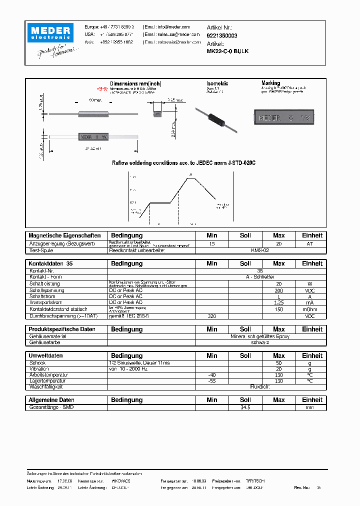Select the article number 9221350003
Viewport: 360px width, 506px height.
pyautogui.click(x=222, y=35)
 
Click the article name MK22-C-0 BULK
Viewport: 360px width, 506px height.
pyautogui.click(x=227, y=51)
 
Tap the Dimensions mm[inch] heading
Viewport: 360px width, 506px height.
pyautogui.click(x=135, y=83)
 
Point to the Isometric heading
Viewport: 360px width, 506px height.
pyautogui.click(x=217, y=83)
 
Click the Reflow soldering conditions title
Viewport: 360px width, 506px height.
pyautogui.click(x=183, y=163)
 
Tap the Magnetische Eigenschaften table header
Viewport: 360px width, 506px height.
pyautogui.click(x=65, y=235)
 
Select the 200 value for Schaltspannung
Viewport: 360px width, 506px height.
pyautogui.click(x=278, y=290)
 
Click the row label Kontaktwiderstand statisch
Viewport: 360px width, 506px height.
pyautogui.click(x=58, y=309)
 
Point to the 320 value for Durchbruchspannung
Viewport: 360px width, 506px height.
pyautogui.click(x=211, y=316)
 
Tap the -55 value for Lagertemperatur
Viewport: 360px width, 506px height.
pyautogui.click(x=211, y=380)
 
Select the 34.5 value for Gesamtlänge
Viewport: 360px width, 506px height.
pyautogui.click(x=245, y=407)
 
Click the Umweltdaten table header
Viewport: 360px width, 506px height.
pyautogui.click(x=46, y=356)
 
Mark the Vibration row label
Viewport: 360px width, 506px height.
pyautogui.click(x=40, y=368)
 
